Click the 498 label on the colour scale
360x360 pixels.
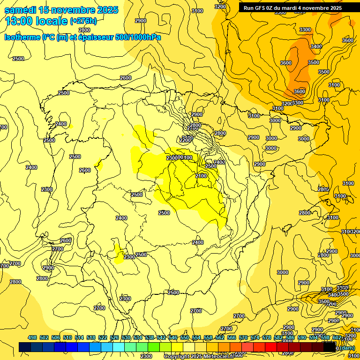32,337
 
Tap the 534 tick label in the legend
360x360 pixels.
138,337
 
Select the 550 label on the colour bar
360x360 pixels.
185,337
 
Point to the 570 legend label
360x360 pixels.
243,337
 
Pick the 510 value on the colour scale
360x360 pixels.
67,337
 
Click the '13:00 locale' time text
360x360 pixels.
36,21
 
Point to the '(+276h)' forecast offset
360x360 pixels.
83,21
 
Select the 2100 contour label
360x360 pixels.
201,175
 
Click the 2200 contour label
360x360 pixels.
185,140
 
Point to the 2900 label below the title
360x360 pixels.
140,21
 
